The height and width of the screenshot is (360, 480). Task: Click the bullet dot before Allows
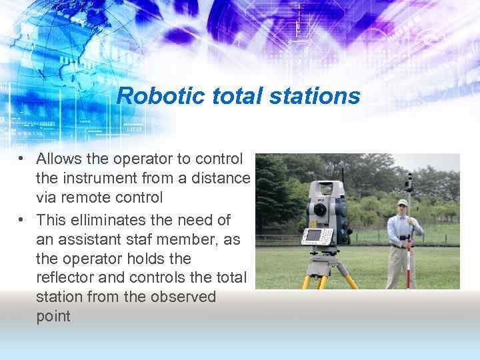tap(22, 160)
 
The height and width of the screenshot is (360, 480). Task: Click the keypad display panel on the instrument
tap(317, 235)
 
